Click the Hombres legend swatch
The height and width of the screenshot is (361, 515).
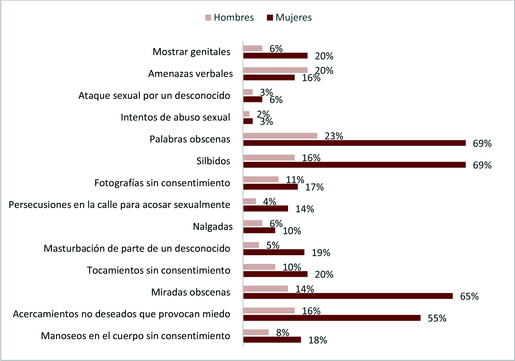coord(208,18)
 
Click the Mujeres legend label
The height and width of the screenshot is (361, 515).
coord(293,18)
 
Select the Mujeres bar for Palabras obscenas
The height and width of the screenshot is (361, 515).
coord(354,143)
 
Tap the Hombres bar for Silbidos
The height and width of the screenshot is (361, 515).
coord(269,158)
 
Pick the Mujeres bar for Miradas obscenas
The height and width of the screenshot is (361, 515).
coord(348,296)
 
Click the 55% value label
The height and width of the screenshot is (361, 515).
coord(437,318)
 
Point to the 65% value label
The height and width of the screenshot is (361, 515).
coord(469,296)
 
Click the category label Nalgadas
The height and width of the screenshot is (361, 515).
coord(213,227)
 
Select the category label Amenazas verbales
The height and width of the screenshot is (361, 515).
coord(190,74)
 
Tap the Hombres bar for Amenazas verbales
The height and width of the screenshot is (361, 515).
coord(275,70)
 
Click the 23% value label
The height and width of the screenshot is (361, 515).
coord(334,136)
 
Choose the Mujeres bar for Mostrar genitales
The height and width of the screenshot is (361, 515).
coord(275,55)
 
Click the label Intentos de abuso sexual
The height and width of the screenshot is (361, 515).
coord(175,117)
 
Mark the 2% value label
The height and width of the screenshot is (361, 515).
coord(263,114)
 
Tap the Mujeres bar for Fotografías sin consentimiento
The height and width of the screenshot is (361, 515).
coord(270,187)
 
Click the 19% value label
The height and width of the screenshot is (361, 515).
coord(321,253)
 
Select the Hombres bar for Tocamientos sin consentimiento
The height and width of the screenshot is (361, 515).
coord(259,267)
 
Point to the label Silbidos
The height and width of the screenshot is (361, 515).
coord(213,161)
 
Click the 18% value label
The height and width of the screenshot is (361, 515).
coord(318,340)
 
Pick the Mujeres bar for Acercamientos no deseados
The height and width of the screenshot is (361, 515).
coord(332,318)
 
